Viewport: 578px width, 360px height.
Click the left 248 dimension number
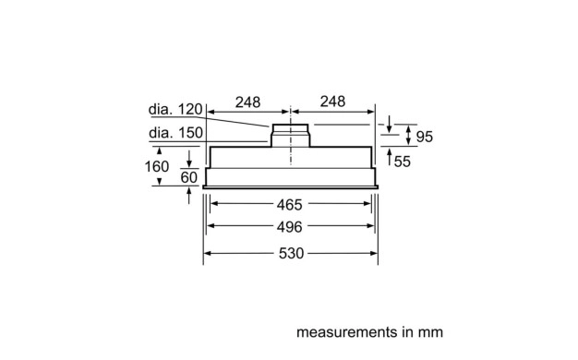(247, 102)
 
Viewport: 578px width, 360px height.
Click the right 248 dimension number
(332, 102)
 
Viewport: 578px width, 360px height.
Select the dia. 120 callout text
(175, 109)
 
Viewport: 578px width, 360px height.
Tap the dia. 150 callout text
(175, 133)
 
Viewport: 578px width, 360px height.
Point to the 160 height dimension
(157, 166)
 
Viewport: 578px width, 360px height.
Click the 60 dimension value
(188, 177)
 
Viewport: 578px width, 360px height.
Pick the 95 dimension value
(425, 137)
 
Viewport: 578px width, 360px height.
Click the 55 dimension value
(403, 162)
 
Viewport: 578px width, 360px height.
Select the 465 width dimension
(289, 205)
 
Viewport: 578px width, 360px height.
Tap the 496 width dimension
(289, 227)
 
